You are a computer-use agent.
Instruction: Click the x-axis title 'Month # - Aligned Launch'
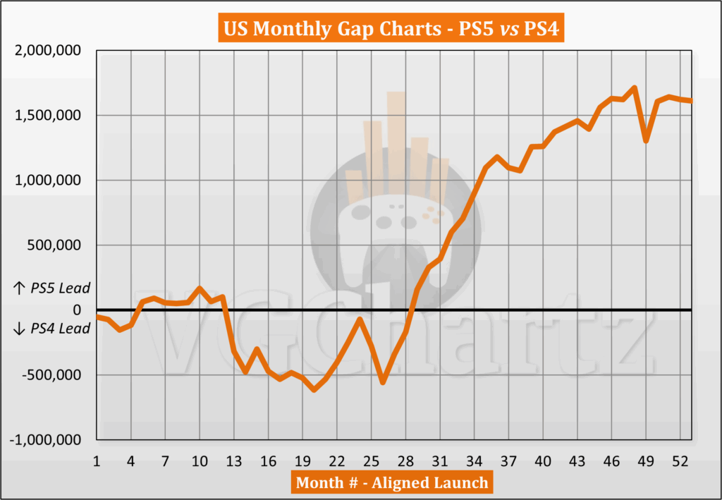(x=392, y=482)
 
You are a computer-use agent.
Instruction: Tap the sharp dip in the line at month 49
(x=646, y=141)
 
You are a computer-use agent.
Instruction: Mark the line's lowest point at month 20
(x=314, y=389)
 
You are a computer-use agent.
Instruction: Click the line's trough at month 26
(x=383, y=382)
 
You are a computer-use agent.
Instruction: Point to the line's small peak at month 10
(x=200, y=288)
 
